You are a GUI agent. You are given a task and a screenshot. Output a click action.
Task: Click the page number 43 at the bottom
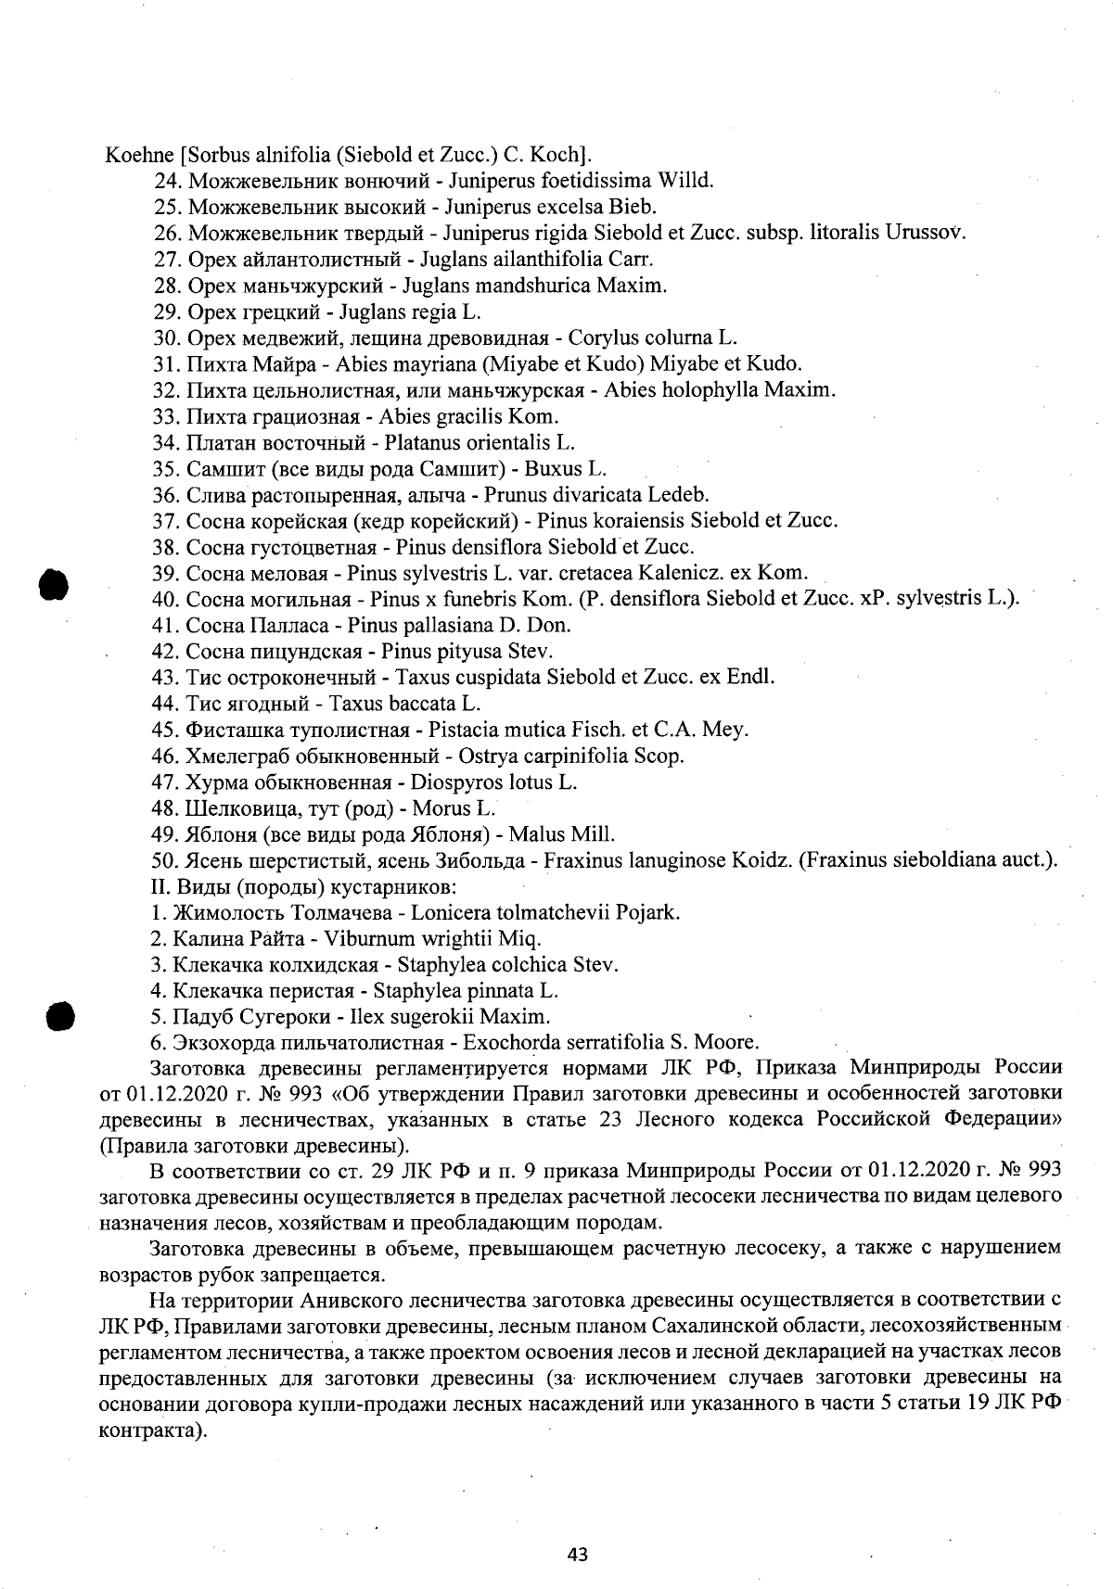(578, 1555)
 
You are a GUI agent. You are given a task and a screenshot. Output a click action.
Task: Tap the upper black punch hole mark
(55, 585)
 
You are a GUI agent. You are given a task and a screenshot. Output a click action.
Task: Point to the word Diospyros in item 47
(459, 782)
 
